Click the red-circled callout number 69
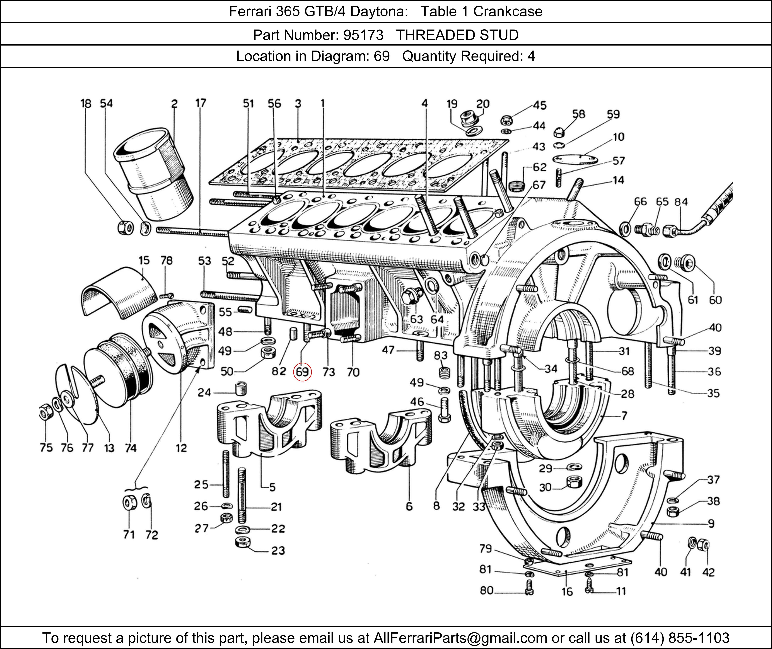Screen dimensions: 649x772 302,372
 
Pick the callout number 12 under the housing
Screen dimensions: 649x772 181,448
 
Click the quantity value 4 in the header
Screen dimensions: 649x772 531,56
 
